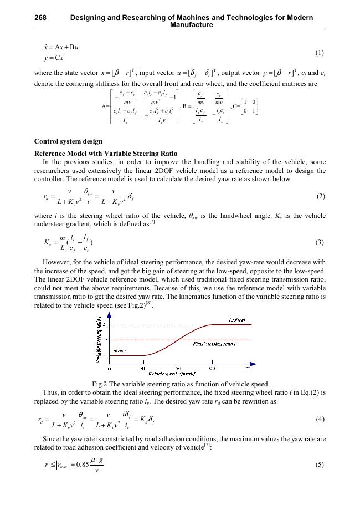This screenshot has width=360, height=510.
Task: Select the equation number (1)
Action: (319, 53)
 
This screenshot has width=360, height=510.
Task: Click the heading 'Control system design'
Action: (68, 141)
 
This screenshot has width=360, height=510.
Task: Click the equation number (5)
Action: (319, 480)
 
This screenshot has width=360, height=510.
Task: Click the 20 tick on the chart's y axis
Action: (104, 325)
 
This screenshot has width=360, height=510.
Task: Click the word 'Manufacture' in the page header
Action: (192, 25)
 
